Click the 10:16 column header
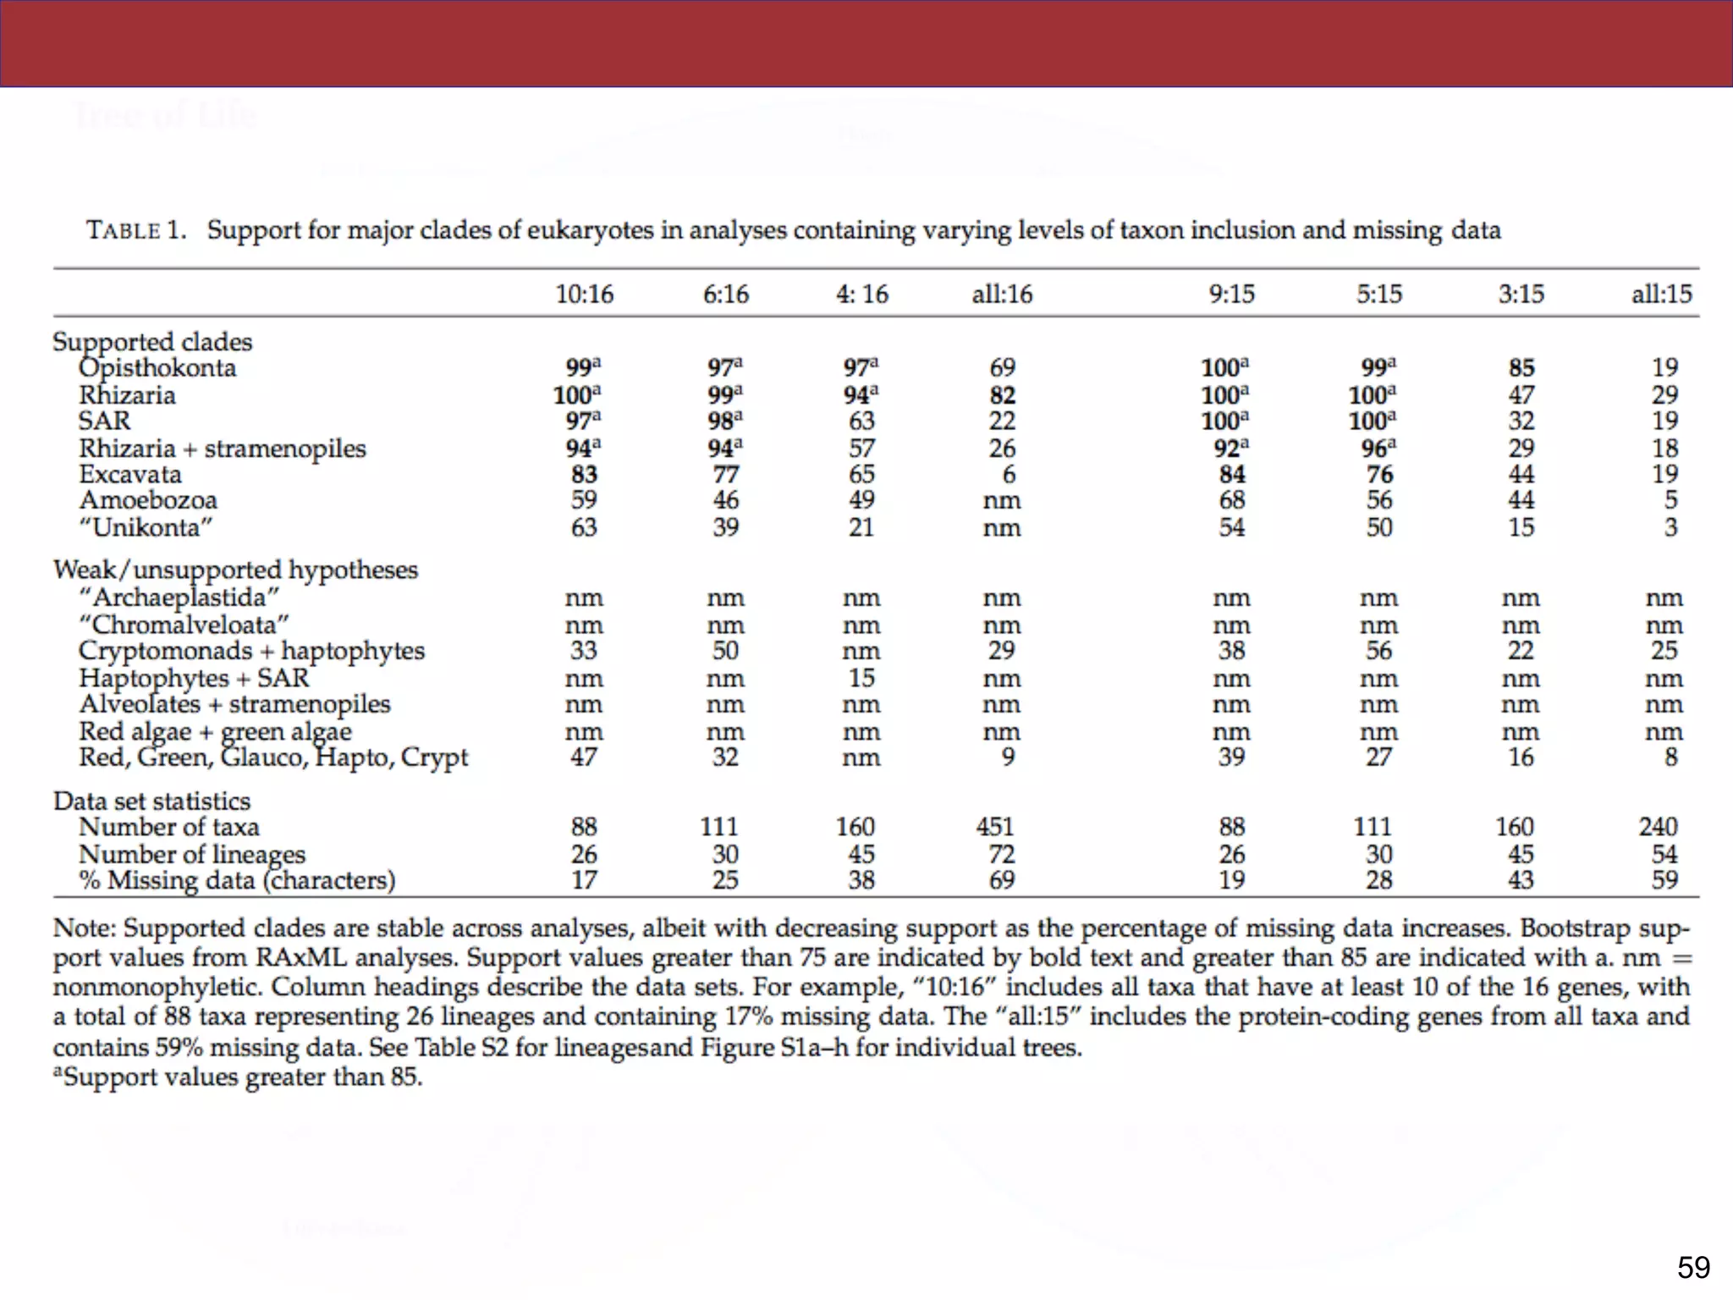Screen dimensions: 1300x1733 point(584,294)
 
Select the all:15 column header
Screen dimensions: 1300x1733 point(1661,294)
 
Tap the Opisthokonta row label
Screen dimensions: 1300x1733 point(157,368)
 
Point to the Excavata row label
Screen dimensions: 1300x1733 point(130,474)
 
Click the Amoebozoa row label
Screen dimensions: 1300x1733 point(148,500)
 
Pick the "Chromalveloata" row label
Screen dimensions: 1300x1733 point(184,625)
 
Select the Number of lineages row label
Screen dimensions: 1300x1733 point(192,854)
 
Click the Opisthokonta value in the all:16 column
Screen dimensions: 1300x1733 point(1002,368)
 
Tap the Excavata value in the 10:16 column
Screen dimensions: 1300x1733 point(584,474)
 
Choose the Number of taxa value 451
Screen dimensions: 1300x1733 point(995,826)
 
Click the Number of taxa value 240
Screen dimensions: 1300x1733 point(1658,826)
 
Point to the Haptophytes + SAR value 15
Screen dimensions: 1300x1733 point(861,678)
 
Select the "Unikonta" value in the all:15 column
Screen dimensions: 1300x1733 point(1670,527)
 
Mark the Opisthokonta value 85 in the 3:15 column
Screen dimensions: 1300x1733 point(1521,368)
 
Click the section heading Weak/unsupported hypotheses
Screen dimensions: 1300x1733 point(235,570)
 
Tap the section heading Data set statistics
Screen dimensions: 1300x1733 point(152,801)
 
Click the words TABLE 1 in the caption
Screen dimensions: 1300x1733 point(136,230)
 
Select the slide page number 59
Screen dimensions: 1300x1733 point(1693,1267)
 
